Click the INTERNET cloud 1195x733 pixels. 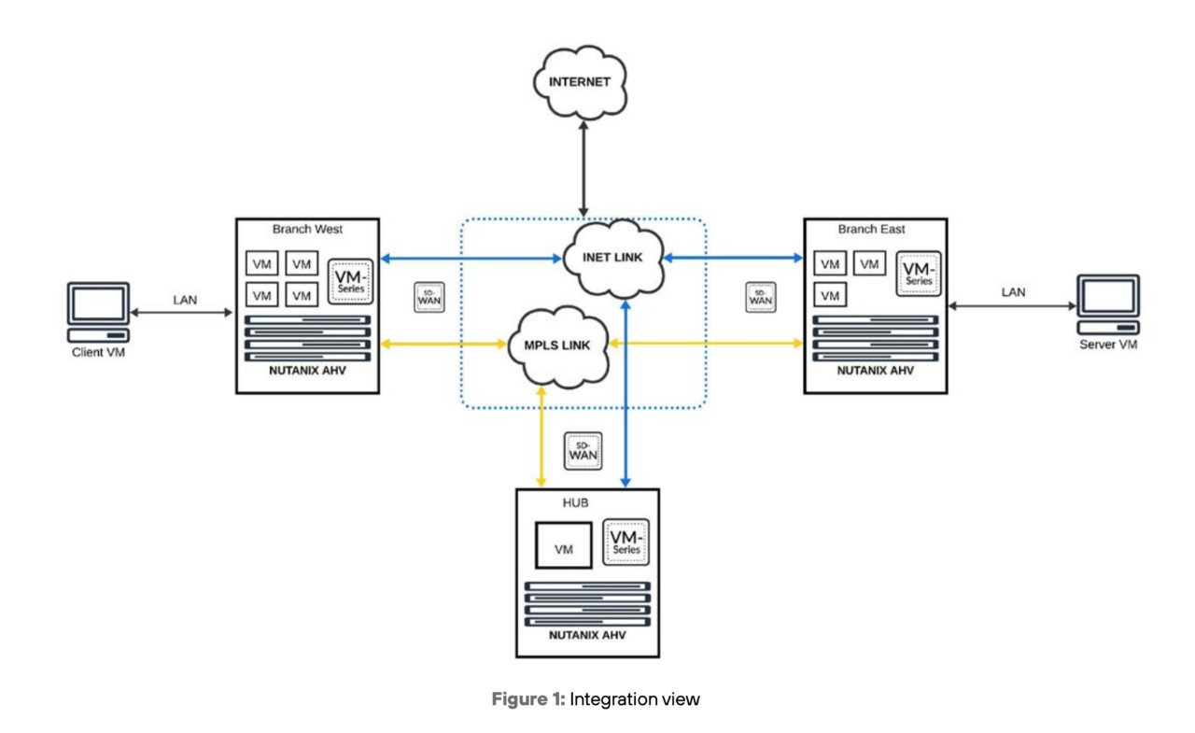[579, 82]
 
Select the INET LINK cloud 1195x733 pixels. [613, 258]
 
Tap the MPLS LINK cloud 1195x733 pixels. [558, 345]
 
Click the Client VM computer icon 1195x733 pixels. [99, 313]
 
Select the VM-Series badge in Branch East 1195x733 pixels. [919, 274]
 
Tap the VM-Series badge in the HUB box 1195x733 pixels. [627, 543]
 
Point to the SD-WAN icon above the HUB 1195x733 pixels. [583, 452]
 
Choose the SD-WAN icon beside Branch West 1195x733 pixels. [429, 297]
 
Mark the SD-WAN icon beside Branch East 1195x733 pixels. [761, 297]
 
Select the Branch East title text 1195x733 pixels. [870, 229]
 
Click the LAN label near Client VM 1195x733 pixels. [185, 300]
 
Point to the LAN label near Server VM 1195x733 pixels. [1013, 292]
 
